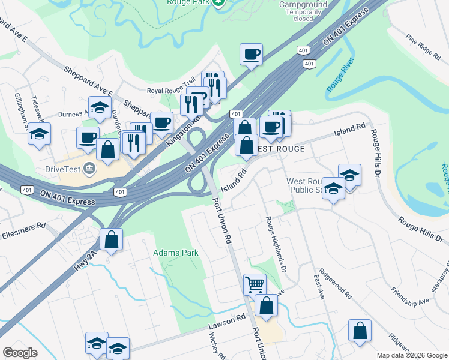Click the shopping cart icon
point(255,284)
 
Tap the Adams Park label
point(175,253)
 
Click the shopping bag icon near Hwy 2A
point(112,239)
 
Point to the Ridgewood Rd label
point(336,283)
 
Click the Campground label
point(303,4)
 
